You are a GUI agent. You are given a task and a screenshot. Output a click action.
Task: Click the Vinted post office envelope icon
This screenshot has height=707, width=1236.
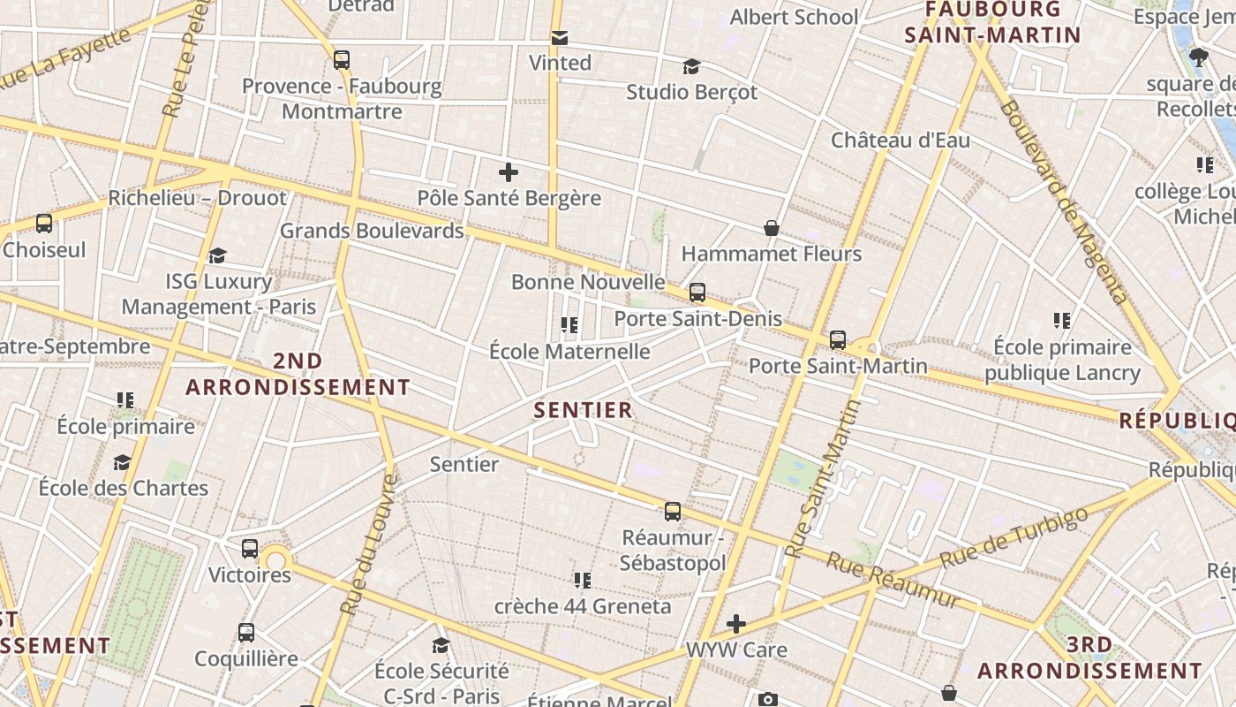pos(560,38)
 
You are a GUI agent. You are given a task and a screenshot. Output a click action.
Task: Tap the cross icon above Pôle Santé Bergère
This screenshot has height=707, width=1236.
pos(509,172)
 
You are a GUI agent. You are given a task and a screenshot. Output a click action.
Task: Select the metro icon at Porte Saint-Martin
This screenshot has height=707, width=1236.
pos(838,339)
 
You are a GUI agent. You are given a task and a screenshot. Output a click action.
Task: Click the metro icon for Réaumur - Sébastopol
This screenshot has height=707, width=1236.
pos(673,512)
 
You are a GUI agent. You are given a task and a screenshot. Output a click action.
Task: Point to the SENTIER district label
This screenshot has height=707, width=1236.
pos(584,410)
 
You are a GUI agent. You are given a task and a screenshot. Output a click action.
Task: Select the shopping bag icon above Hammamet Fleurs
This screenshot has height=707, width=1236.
pos(772,228)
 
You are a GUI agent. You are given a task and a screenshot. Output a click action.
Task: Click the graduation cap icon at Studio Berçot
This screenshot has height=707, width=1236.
pos(692,66)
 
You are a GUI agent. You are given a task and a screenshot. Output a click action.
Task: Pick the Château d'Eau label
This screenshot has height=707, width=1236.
pos(901,140)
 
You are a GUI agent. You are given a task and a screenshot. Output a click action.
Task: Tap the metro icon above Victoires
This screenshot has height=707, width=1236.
pos(250,549)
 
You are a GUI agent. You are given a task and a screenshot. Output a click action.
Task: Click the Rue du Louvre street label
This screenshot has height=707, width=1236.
pos(366,544)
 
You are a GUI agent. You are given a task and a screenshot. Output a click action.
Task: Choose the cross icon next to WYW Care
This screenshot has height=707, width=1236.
pos(736,624)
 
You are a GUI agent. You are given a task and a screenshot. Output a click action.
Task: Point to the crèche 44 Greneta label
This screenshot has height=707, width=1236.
pos(583,606)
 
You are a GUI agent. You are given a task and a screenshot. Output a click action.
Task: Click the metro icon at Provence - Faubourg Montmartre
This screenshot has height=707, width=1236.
pos(342,60)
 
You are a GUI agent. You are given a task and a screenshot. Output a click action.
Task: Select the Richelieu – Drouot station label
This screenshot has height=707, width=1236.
pos(198,198)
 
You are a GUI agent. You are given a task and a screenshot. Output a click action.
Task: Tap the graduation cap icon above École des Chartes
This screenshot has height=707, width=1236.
pos(123,462)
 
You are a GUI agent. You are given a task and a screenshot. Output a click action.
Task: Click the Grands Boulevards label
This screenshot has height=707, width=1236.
pos(372,231)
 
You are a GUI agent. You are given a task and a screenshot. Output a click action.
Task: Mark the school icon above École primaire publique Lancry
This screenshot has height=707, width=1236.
pos(1062,321)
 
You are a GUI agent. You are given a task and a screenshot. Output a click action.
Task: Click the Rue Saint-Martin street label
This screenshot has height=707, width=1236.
pos(823,479)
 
